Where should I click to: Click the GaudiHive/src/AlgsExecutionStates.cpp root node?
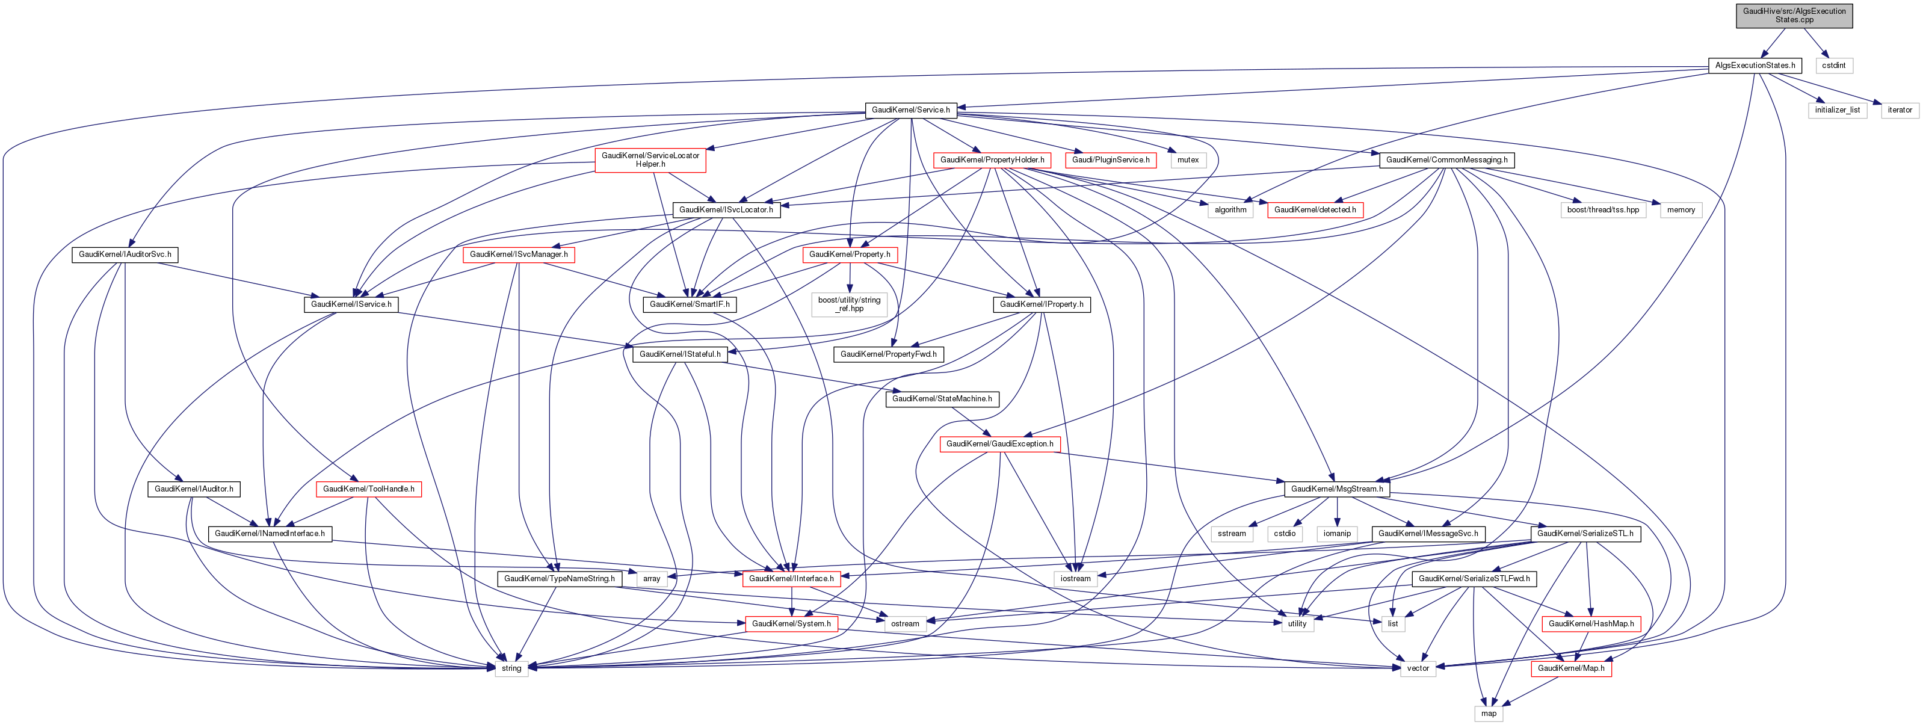tap(1794, 16)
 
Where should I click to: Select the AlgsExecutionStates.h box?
tap(1755, 66)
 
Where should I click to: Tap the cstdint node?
tap(1833, 66)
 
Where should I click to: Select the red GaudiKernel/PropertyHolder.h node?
tap(992, 160)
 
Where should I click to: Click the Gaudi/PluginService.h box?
tap(1111, 160)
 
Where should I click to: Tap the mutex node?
tap(1188, 160)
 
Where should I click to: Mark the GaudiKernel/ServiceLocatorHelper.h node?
tap(650, 160)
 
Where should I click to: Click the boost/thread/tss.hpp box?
tap(1603, 210)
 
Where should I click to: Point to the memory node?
tap(1681, 210)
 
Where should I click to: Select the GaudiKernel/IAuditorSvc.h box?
tap(125, 255)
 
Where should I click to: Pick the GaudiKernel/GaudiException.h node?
tap(999, 444)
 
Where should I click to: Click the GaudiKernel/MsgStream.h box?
tap(1337, 489)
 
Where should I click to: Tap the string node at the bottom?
tap(511, 668)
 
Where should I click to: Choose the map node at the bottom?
tap(1489, 714)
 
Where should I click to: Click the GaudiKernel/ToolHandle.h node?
tap(369, 489)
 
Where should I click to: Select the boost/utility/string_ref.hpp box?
tap(850, 304)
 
